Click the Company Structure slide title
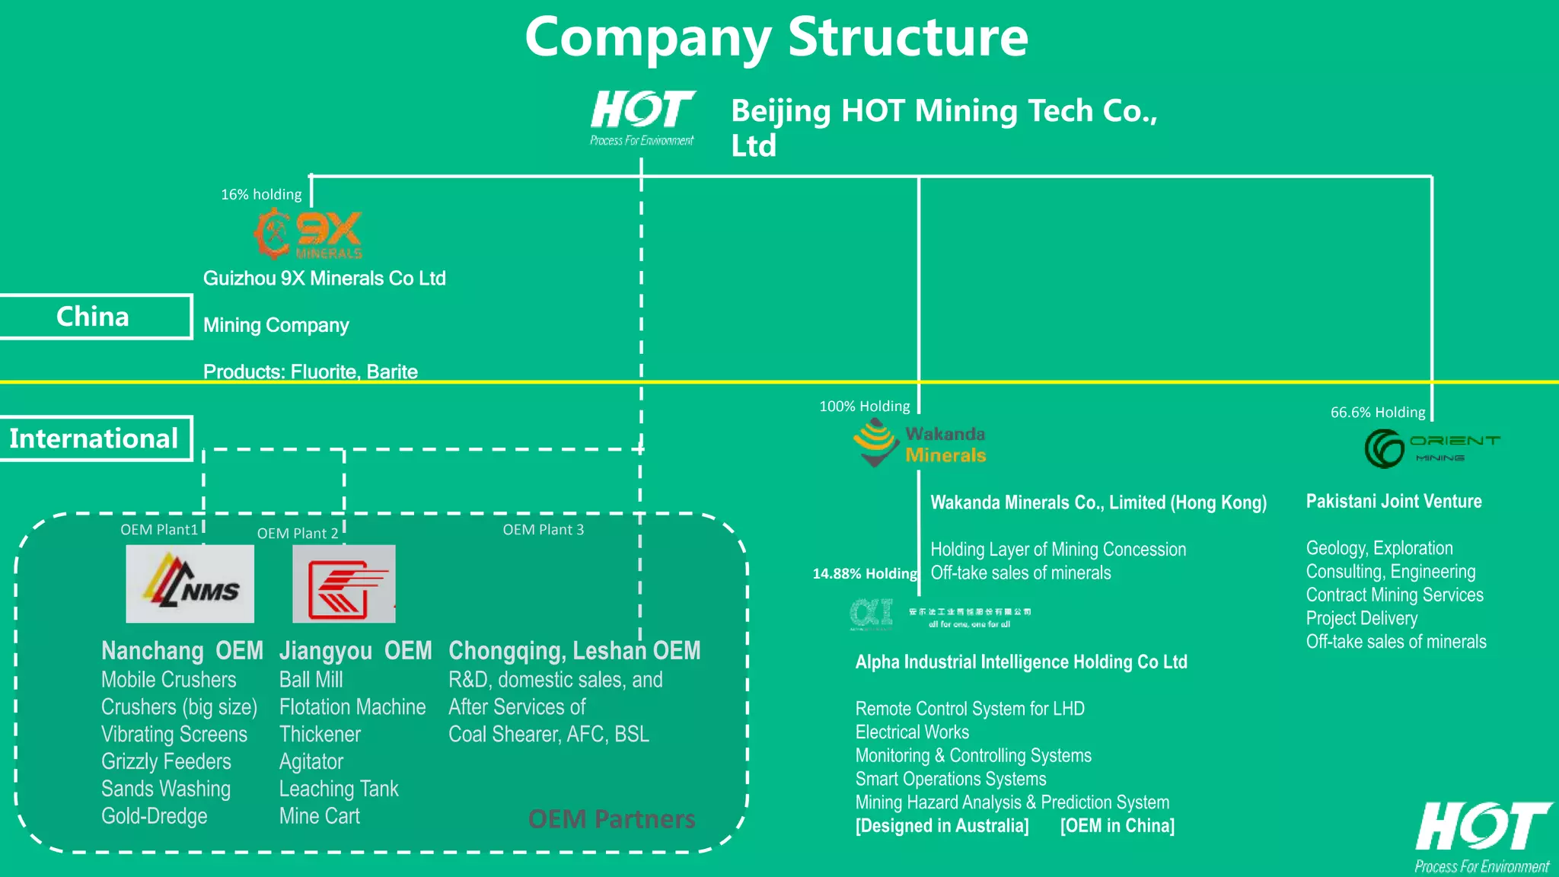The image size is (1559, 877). click(x=776, y=38)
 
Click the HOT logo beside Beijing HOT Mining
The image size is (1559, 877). click(x=642, y=116)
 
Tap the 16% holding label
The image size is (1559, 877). click(x=261, y=195)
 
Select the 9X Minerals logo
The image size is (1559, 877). click(x=308, y=235)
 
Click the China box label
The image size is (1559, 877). click(x=93, y=317)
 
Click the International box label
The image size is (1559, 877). click(x=94, y=438)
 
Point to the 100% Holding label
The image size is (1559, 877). click(x=864, y=407)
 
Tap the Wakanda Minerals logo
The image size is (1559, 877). click(x=919, y=444)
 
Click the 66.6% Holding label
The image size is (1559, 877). click(x=1377, y=413)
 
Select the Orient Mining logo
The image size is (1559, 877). click(x=1431, y=448)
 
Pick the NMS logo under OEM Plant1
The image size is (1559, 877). click(x=190, y=584)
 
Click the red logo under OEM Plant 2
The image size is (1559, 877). click(x=344, y=584)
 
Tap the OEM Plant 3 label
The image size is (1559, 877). click(x=543, y=530)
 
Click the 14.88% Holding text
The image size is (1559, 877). click(x=864, y=574)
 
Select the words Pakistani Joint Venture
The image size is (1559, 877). click(x=1393, y=502)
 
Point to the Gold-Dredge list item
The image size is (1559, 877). click(x=155, y=816)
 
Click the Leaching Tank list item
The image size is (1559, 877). click(x=339, y=789)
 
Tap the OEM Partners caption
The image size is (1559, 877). click(x=611, y=819)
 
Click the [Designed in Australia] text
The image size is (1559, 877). click(x=942, y=826)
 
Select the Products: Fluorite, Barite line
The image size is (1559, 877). click(x=311, y=372)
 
